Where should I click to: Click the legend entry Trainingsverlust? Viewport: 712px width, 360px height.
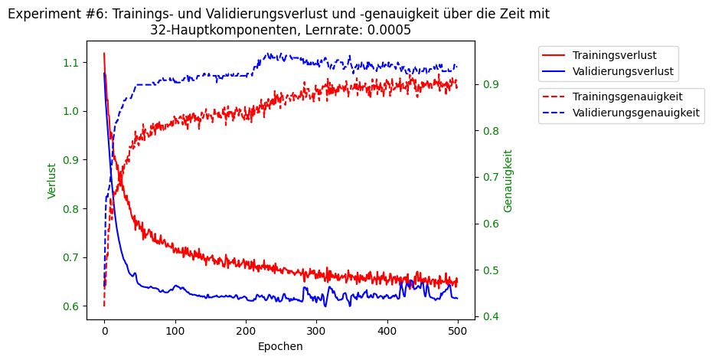[614, 55]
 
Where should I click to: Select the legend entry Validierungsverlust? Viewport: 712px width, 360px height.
[622, 71]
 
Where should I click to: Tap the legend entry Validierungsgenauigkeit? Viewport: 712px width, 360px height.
[635, 113]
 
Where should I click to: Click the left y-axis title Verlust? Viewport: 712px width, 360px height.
[52, 181]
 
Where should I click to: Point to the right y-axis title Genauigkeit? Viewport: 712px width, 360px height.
[508, 181]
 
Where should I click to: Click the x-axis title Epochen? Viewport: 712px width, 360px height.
[280, 346]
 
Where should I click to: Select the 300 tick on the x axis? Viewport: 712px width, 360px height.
[316, 328]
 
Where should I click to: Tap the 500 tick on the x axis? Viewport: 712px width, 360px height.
[458, 328]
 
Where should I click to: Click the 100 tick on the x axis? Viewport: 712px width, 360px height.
[175, 328]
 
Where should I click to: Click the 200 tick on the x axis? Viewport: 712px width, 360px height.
[246, 328]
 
